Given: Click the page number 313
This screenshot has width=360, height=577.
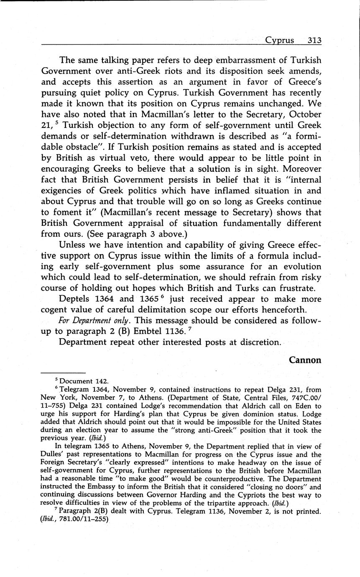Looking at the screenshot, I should [x=314, y=41].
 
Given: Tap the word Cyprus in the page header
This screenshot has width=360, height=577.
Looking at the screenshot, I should [x=280, y=41].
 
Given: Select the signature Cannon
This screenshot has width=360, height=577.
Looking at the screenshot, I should [x=305, y=360].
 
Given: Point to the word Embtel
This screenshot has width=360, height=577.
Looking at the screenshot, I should [x=175, y=332].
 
